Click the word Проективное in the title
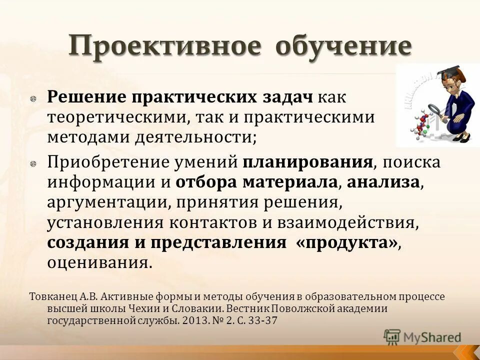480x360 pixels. coord(164,46)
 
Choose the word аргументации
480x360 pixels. coord(100,203)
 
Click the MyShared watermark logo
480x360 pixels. coord(422,336)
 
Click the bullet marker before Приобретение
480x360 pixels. coord(32,164)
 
